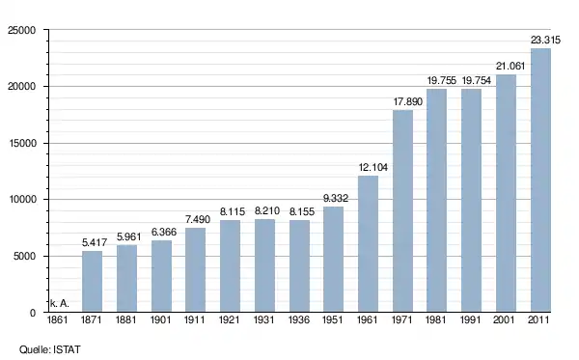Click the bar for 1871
(x=92, y=282)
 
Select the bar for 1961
(x=369, y=243)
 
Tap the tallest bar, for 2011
(x=540, y=180)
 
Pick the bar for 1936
(x=299, y=265)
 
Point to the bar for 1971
(x=402, y=210)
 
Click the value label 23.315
(x=545, y=40)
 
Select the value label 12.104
(x=372, y=168)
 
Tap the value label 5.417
(x=95, y=242)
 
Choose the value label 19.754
(x=477, y=80)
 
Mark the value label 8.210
(x=267, y=210)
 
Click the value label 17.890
(x=407, y=102)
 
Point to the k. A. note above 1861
(x=60, y=303)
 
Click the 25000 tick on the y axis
(x=22, y=30)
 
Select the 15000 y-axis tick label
(x=22, y=143)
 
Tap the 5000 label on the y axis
(x=25, y=256)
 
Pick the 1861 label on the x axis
(x=57, y=319)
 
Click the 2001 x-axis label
(x=504, y=319)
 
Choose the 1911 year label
(x=195, y=319)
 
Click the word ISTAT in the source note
(x=67, y=349)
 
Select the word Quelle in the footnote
(x=35, y=349)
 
